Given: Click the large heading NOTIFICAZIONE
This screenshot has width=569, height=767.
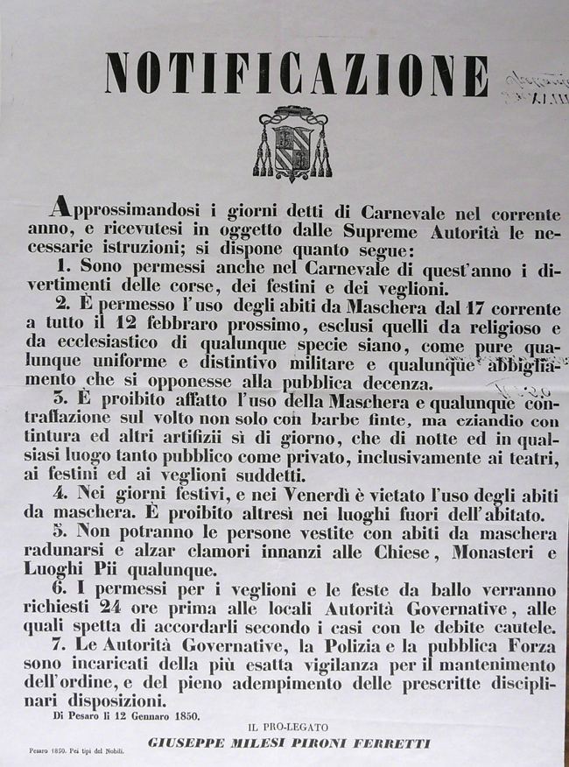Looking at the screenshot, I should (296, 74).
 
